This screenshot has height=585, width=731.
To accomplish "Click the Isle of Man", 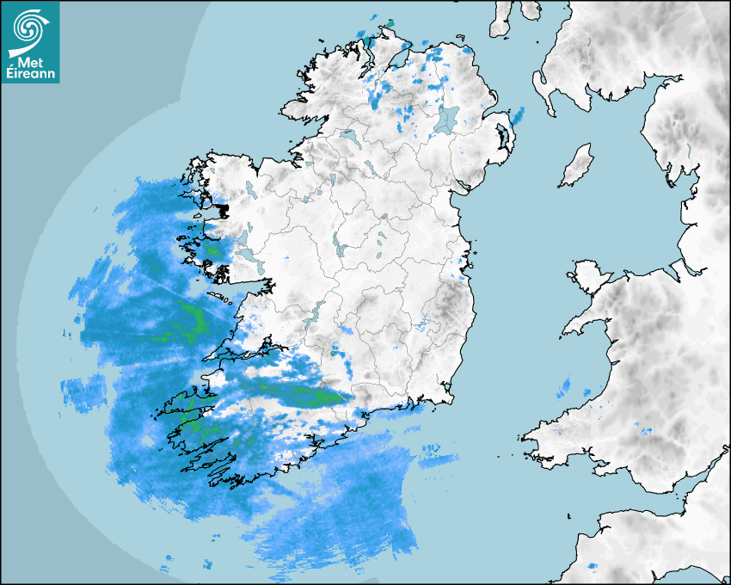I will click(577, 166).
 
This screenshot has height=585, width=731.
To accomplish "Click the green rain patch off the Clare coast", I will click(193, 322).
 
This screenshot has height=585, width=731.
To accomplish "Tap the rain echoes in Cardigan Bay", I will click(564, 386).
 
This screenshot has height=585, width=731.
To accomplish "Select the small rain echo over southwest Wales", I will click(646, 428).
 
